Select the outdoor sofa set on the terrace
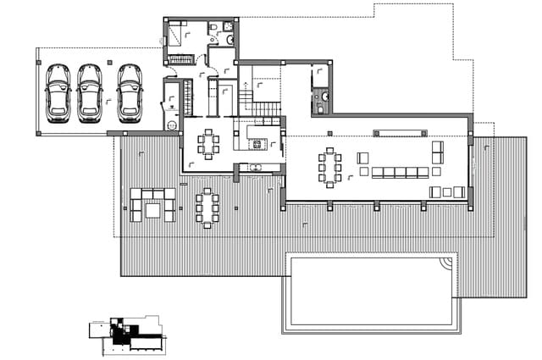152,204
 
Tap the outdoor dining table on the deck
207,208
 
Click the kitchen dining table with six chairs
208,142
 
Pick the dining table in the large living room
329,166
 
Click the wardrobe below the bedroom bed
180,58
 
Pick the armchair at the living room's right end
438,152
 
